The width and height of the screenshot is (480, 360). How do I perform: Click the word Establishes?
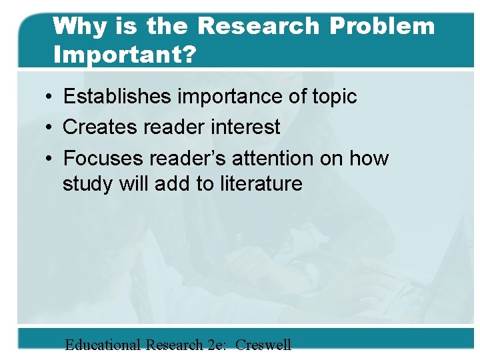click(120, 97)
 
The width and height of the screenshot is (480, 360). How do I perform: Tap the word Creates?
click(101, 127)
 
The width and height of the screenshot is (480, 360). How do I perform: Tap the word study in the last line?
click(85, 183)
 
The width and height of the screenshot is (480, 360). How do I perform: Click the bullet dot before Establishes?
click(51, 97)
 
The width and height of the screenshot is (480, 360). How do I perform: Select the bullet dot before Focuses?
click(51, 159)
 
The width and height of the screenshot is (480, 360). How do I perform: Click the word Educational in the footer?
click(103, 345)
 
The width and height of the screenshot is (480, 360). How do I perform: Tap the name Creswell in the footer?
click(263, 345)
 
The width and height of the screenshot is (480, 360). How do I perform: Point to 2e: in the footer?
click(214, 345)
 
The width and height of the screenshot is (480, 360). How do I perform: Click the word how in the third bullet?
click(369, 159)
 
